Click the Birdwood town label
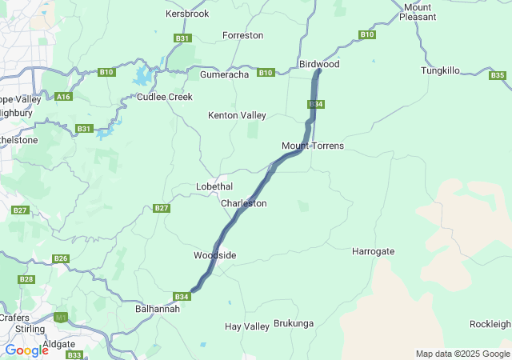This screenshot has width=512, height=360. coord(318,63)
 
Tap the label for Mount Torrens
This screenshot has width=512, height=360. coord(313,146)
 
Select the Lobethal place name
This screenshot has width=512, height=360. coord(214,186)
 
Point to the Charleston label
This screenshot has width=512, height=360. coord(243,203)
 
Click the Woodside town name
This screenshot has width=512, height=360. coord(214,255)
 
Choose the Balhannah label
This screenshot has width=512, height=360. coord(158,308)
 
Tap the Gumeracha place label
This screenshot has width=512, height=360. coord(226,74)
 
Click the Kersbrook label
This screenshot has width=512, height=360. coord(186,14)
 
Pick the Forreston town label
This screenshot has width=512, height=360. coord(242,35)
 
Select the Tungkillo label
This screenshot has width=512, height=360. coord(441,70)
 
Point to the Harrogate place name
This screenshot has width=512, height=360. coord(374,251)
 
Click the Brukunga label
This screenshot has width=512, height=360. coord(294,323)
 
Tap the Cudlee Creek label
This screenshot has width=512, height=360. coord(165,97)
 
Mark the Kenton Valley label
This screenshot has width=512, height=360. coord(237,115)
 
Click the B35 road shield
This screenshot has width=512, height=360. coord(498,75)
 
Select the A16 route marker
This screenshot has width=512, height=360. coord(64,97)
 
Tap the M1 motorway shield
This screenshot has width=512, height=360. coord(61,318)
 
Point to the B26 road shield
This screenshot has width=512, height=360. coord(61,258)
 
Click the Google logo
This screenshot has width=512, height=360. coord(26,350)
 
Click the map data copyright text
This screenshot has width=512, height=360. coord(462,354)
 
